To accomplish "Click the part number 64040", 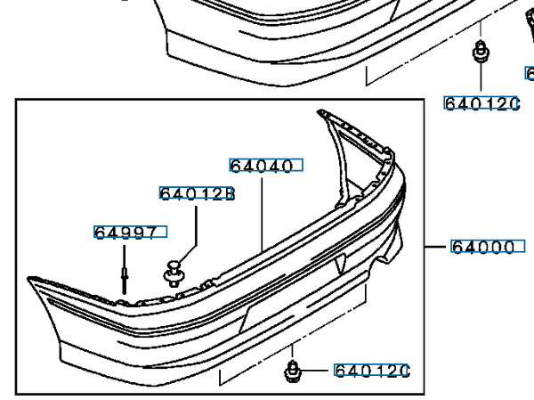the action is [262, 166].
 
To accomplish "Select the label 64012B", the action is [198, 193].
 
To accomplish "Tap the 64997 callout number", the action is [125, 233].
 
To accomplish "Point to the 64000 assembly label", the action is [483, 247].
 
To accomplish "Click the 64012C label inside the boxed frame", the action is [372, 371].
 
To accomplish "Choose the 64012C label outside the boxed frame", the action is [481, 103].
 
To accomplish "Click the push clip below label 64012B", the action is [174, 273].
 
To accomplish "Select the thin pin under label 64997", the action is [125, 280].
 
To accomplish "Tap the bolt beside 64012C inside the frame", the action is [292, 371].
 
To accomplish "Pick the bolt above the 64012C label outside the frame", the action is [481, 52].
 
